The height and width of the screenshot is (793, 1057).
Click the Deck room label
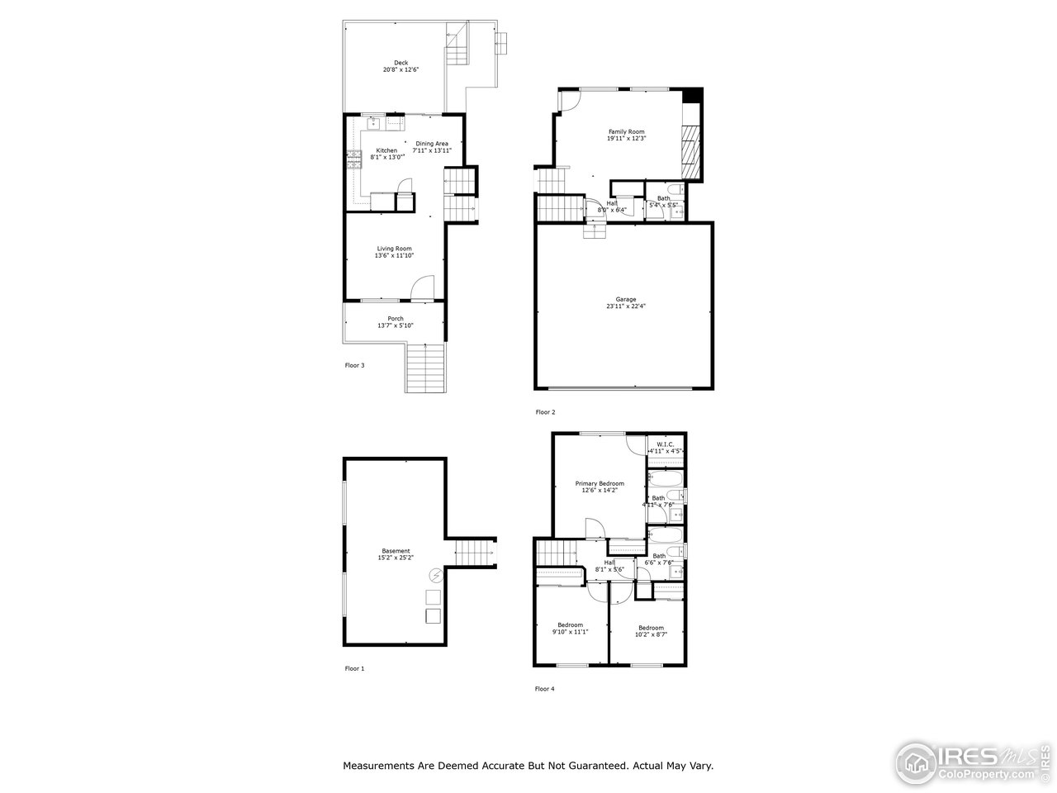(401, 63)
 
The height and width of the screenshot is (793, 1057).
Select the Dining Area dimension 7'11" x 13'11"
(432, 151)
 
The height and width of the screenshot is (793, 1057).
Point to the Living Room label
(394, 249)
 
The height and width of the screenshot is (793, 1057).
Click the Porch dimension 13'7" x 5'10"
(395, 325)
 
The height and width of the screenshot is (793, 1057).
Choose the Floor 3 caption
(354, 365)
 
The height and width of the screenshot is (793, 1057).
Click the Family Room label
(626, 132)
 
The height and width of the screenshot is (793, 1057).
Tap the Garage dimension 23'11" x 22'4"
(625, 306)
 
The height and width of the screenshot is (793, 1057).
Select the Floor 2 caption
(545, 412)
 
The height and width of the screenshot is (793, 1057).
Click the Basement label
(396, 551)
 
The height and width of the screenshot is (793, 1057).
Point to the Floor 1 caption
(354, 668)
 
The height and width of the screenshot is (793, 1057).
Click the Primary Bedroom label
(600, 483)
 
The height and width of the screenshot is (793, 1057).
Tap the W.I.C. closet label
(666, 444)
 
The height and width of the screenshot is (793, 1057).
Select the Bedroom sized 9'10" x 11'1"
(570, 625)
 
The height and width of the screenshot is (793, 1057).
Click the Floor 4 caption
(545, 688)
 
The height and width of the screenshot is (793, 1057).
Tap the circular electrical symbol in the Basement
(435, 576)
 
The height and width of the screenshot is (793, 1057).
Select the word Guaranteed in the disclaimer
(590, 766)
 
